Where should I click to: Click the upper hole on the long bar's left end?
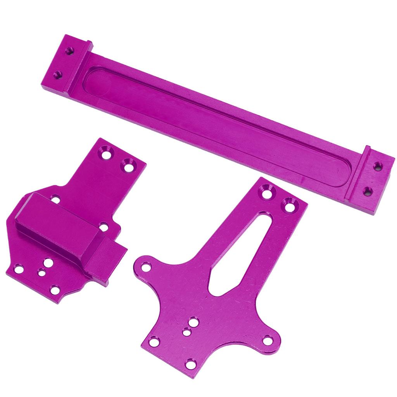pyautogui.click(x=69, y=50)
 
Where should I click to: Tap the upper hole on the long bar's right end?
pyautogui.click(x=378, y=166)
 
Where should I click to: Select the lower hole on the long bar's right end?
pyautogui.click(x=368, y=191)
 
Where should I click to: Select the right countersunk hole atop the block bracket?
pyautogui.click(x=128, y=166)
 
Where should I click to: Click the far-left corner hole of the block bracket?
pyautogui.click(x=18, y=268)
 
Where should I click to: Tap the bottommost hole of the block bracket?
pyautogui.click(x=55, y=290)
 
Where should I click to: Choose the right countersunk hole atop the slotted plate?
pyautogui.click(x=290, y=204)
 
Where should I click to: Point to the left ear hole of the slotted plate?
pyautogui.click(x=146, y=267)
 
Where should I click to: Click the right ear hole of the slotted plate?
pyautogui.click(x=267, y=340)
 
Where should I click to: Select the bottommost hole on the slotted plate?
pyautogui.click(x=191, y=364)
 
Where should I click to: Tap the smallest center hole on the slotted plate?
pyautogui.click(x=187, y=332)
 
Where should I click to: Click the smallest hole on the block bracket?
pyautogui.click(x=41, y=273)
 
